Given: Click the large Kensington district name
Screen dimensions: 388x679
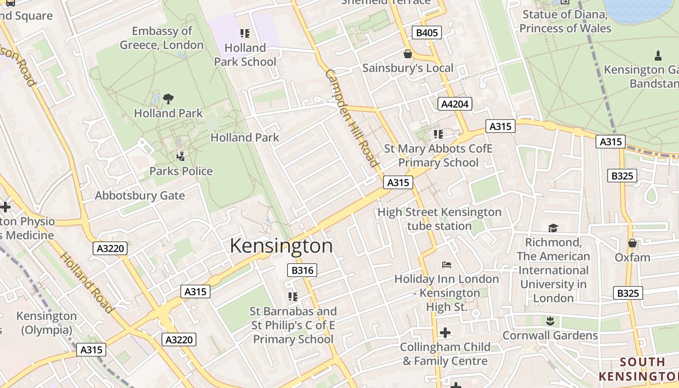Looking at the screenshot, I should pos(281,246).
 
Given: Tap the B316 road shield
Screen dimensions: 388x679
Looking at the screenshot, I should pos(302,271).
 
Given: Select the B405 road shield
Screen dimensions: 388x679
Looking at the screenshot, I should pos(427,33).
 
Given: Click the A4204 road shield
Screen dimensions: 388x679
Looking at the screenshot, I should pos(454,104).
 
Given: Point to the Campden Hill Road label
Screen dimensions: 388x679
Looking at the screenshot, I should pos(352,118).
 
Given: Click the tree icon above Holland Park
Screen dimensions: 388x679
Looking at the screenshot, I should pos(168,99).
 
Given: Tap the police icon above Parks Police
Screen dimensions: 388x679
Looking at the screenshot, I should pos(181,156).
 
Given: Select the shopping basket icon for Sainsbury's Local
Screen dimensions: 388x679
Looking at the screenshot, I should pos(407,53).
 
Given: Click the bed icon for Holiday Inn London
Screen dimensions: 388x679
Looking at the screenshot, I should pos(446,265).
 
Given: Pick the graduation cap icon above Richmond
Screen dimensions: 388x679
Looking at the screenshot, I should pos(553,228).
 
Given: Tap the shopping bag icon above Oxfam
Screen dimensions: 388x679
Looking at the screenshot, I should pos(632,243).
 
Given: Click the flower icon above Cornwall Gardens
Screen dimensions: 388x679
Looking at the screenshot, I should pos(550,321).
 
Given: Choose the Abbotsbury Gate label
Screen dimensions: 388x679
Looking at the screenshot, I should pos(140,196).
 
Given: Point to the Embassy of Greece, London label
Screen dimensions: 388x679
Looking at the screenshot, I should pos(162,38).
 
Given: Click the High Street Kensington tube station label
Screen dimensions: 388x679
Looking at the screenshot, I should pos(439,219).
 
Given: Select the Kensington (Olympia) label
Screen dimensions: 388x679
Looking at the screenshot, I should pos(47,323).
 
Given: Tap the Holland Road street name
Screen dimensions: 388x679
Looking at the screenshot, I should pos(86,282).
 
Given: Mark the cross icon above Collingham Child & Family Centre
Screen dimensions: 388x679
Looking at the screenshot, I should pos(445,333).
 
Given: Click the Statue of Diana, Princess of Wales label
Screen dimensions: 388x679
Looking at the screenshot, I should pos(566,21).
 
